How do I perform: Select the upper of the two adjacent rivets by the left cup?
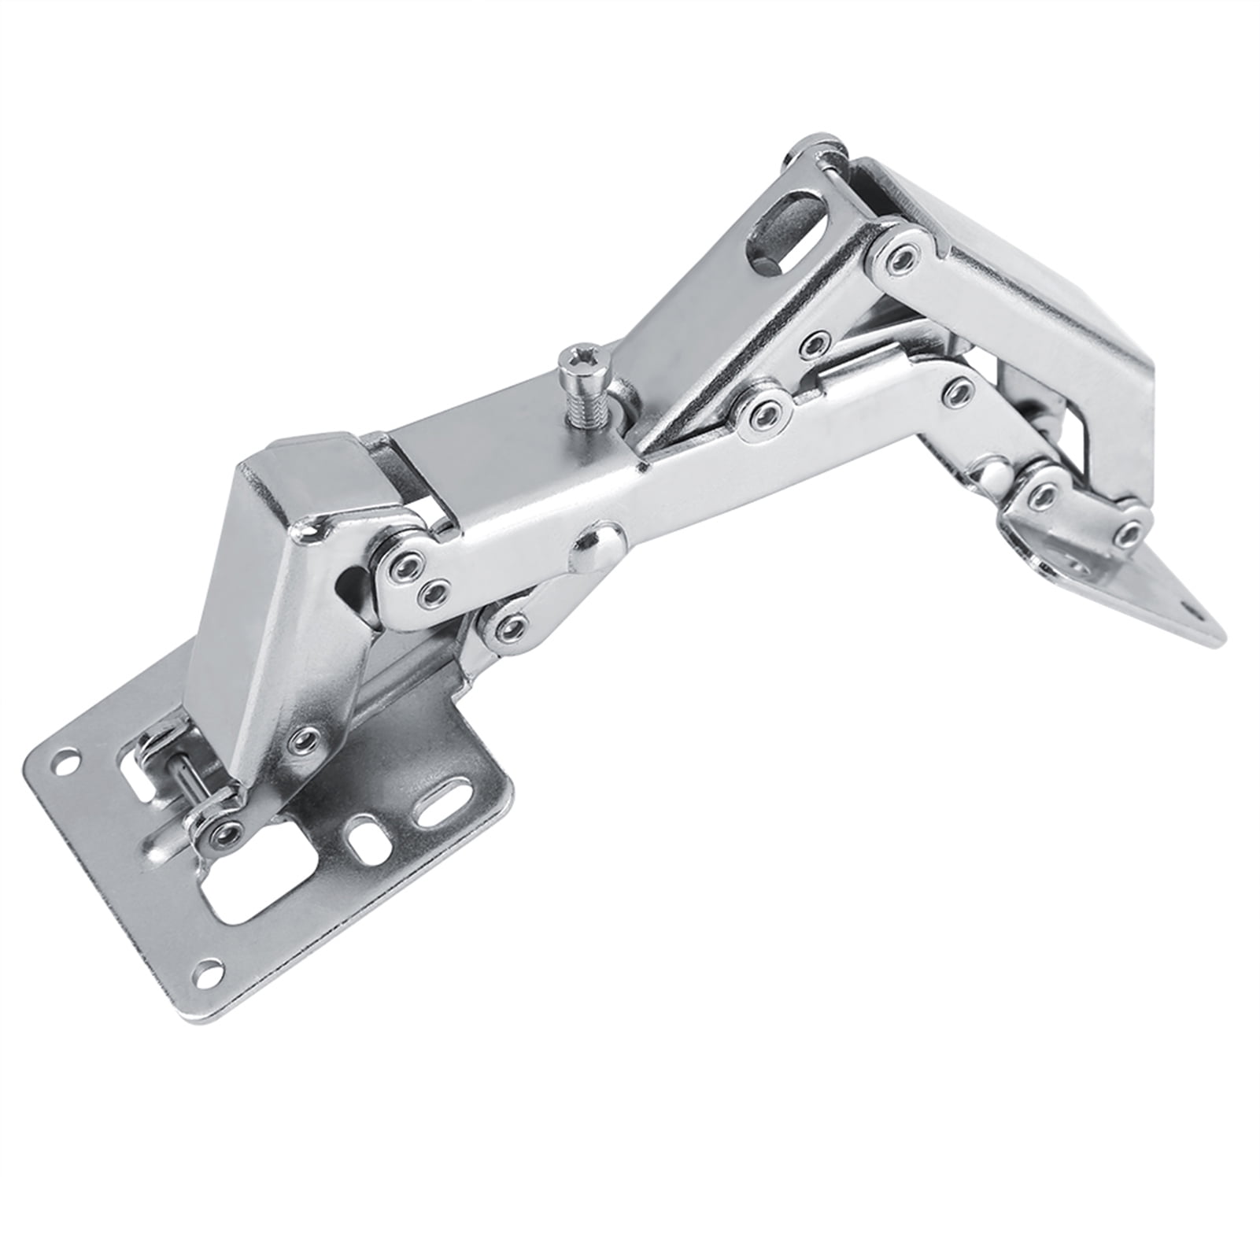tap(406, 563)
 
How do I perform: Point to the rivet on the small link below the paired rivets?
tap(511, 626)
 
